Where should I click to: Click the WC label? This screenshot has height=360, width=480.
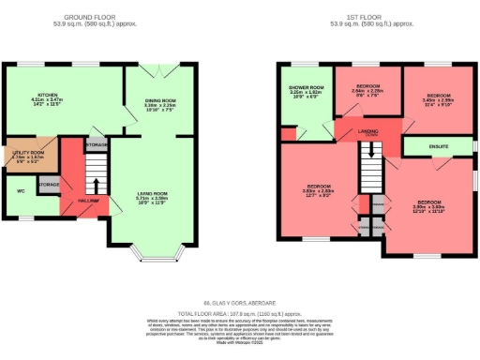coord(21,192)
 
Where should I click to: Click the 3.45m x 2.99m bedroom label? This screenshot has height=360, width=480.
coord(437,95)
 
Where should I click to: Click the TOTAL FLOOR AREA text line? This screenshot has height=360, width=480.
coord(240,312)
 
